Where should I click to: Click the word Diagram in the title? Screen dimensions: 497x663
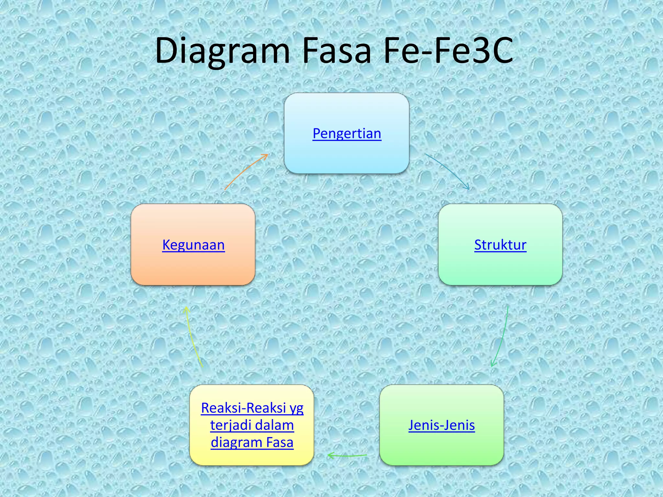222,51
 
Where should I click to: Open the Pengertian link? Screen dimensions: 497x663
347,133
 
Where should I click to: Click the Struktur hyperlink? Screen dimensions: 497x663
500,245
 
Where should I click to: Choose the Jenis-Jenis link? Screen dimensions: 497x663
442,425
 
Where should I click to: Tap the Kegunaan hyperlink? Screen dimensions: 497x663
193,245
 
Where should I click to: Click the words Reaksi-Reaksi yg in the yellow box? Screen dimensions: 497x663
252,408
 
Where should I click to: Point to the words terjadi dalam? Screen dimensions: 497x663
252,425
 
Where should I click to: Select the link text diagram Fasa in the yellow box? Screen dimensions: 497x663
252,442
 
